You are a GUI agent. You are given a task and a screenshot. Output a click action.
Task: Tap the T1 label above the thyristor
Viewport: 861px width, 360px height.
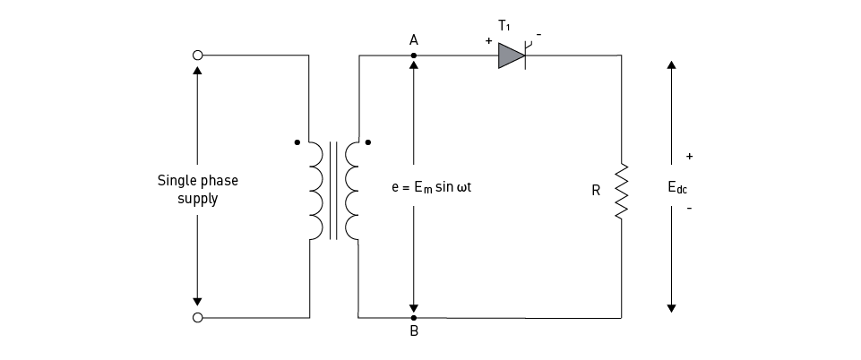coord(504,27)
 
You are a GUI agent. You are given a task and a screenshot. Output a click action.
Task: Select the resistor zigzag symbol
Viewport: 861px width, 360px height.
coord(621,191)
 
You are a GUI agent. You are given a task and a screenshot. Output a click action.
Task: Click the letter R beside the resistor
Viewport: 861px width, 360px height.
coord(596,191)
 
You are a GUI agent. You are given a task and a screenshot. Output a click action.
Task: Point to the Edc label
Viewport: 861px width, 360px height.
coord(677,188)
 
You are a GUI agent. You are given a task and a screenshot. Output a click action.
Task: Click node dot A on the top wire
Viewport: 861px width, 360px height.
coord(413,56)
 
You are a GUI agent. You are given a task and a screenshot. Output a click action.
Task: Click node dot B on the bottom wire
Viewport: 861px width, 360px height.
coord(413,317)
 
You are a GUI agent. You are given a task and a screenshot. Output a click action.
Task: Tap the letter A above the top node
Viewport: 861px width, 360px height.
coord(413,40)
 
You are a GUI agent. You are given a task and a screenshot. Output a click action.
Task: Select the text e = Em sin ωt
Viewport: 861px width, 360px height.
coord(438,190)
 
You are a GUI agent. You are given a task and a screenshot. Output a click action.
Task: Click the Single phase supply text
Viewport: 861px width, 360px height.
coord(198,189)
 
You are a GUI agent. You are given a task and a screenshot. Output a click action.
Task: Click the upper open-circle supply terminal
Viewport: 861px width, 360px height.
coord(197,56)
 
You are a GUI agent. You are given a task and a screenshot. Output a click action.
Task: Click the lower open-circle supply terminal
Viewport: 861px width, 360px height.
coord(197,317)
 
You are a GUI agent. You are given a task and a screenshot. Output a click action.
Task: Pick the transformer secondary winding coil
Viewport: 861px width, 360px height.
coord(351,191)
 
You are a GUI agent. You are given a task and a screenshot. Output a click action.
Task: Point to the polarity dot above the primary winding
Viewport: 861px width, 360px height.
coord(297,141)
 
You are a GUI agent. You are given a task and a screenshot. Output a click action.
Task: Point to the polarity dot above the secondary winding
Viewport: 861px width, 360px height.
coord(367,141)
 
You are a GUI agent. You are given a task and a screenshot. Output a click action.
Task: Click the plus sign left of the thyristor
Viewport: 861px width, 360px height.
coord(488,41)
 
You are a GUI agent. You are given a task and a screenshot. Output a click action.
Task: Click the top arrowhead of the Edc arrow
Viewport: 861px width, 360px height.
coord(671,66)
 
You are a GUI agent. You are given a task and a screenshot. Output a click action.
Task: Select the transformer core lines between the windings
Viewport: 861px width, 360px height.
coord(333,191)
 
